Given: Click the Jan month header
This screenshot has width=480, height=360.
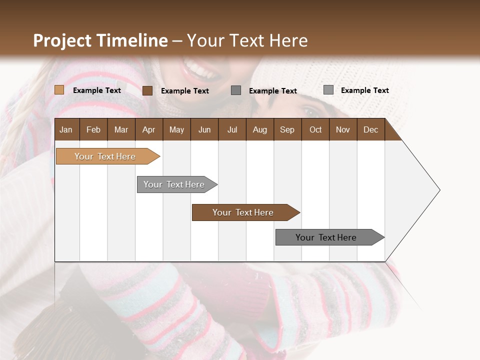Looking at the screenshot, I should click(x=66, y=129).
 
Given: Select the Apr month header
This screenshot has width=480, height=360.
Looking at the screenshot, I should click(x=148, y=129).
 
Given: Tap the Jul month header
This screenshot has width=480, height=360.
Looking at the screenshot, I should click(x=232, y=129).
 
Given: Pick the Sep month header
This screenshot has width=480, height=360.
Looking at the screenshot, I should click(x=287, y=129).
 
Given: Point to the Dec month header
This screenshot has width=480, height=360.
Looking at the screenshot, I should click(x=370, y=129).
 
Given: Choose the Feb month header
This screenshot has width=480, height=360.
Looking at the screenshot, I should click(x=93, y=129).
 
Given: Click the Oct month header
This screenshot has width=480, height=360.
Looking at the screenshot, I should click(x=315, y=129).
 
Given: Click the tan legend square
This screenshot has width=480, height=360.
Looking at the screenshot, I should click(x=59, y=90).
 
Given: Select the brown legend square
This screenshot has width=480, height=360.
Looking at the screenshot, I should click(x=147, y=90).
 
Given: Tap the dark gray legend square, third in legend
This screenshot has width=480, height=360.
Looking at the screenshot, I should click(x=236, y=90).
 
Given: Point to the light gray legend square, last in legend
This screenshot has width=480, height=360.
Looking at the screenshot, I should click(x=328, y=90).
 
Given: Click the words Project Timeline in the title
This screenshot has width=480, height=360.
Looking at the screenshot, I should click(x=100, y=40).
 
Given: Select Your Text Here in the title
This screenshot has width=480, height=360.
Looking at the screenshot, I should click(x=247, y=40).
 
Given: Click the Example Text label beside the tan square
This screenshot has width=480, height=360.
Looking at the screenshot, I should click(x=97, y=90).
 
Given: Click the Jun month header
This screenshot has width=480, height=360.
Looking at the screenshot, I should click(x=204, y=129).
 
